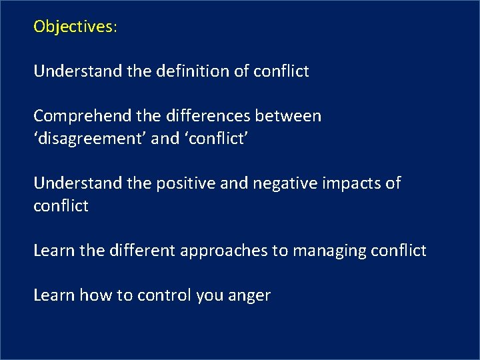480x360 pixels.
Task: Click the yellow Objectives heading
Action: tap(75, 27)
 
